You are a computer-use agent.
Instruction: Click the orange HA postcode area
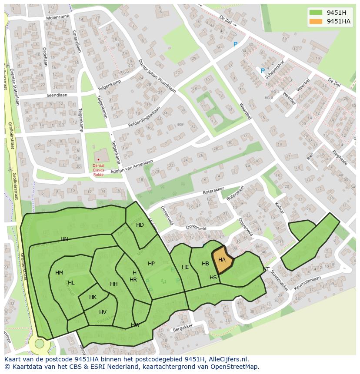[222, 260]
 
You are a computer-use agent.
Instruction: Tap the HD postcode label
[140, 225]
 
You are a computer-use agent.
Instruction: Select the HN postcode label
[64, 239]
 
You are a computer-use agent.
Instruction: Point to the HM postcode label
[59, 273]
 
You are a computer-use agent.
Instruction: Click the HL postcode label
[71, 283]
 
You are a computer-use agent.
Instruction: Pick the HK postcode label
[93, 297]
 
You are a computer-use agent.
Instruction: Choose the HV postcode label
[103, 312]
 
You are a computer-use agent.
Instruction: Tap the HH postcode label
[113, 284]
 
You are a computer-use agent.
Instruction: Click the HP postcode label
[151, 264]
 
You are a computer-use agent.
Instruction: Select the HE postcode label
[185, 267]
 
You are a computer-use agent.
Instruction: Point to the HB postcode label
[205, 264]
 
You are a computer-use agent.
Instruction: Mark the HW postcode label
[135, 325]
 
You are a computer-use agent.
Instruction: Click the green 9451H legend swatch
[316, 12]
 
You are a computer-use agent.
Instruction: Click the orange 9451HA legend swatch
[316, 21]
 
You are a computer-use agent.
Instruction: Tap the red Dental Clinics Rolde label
[98, 170]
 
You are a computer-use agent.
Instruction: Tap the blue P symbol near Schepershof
[263, 71]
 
